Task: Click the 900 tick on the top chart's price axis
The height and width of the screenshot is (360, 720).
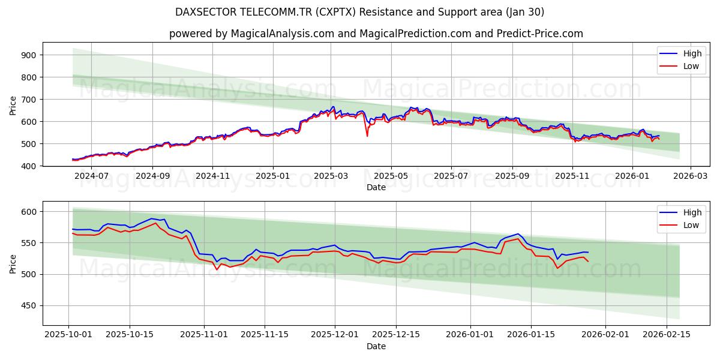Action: click(29, 55)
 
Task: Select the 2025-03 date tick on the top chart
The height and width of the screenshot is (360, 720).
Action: click(331, 176)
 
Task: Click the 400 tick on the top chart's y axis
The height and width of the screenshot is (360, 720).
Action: click(29, 166)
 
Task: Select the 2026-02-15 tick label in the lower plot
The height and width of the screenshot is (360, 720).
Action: click(667, 335)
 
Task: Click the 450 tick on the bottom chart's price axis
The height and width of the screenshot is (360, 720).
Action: click(29, 306)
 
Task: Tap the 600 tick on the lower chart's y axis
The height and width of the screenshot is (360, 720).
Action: click(29, 212)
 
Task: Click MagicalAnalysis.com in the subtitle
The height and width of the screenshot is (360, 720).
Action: click(283, 34)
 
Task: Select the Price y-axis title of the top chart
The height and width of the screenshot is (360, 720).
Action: click(13, 104)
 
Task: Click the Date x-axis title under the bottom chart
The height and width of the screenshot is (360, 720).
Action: click(376, 346)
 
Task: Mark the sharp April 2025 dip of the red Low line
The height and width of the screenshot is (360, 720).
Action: click(367, 136)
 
